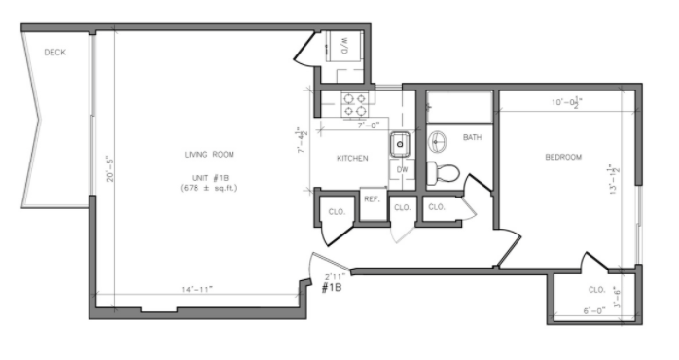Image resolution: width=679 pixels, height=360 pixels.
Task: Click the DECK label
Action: (x=54, y=53)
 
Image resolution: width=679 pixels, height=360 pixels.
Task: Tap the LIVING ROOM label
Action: (x=209, y=155)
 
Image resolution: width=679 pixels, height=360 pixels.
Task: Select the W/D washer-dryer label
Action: (x=345, y=44)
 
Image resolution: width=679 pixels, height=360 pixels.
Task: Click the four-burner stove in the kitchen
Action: (x=353, y=104)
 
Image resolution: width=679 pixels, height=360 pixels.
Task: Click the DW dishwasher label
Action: (x=402, y=169)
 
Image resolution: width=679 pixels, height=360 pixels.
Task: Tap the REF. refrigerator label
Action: (x=371, y=198)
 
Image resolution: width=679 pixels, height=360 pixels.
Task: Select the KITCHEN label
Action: (x=352, y=158)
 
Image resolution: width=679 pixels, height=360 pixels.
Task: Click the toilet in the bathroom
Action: (x=446, y=174)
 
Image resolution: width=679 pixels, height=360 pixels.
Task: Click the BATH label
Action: (x=472, y=138)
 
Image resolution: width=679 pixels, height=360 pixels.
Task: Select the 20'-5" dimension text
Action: (x=111, y=169)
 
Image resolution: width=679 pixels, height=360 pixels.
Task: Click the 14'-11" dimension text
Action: (x=197, y=289)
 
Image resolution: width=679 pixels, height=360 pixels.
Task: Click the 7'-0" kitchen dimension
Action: (x=367, y=126)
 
